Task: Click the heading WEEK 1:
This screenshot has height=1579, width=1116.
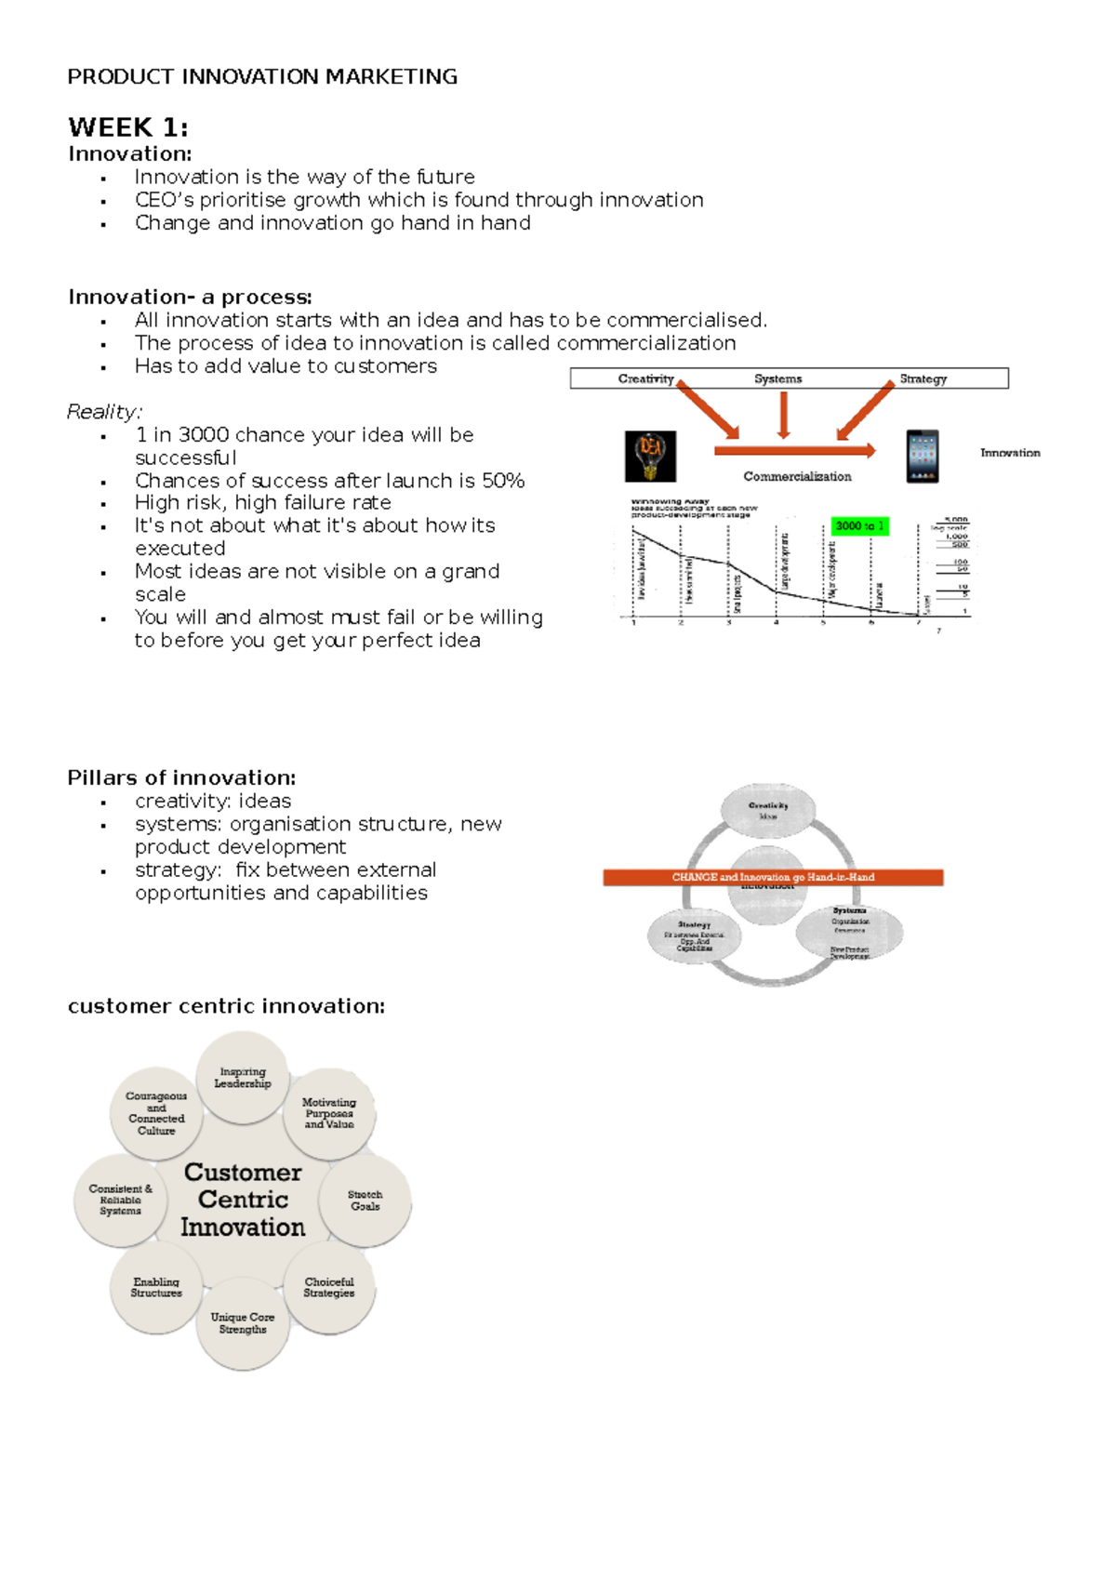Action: click(x=127, y=127)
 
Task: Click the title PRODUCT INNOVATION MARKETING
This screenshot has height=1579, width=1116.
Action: click(x=262, y=77)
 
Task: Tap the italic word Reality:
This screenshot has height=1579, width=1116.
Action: click(x=104, y=412)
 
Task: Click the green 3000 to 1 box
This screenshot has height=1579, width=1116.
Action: click(x=859, y=526)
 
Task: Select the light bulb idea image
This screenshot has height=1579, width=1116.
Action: click(x=650, y=456)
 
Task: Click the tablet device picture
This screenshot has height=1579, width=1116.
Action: click(x=923, y=456)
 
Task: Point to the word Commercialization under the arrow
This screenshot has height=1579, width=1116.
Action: click(x=797, y=477)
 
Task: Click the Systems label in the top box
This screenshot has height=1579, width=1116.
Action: click(x=777, y=378)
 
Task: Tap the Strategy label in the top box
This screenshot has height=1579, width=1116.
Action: click(x=923, y=378)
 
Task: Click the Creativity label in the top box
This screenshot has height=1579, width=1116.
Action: click(x=645, y=378)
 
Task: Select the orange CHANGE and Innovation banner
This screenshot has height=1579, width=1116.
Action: click(x=773, y=877)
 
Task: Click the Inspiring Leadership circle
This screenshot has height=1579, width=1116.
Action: click(x=243, y=1078)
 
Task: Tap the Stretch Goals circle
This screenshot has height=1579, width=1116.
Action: click(x=365, y=1201)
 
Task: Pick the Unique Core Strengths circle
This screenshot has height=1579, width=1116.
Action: click(x=243, y=1323)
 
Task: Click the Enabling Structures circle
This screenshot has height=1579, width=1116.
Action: click(x=156, y=1288)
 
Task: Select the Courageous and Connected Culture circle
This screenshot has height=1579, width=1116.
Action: click(x=156, y=1113)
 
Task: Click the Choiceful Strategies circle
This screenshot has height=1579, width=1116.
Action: click(x=329, y=1288)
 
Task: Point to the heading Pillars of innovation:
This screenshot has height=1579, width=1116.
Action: click(x=181, y=778)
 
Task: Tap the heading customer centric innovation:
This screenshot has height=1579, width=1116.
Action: click(x=226, y=1006)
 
